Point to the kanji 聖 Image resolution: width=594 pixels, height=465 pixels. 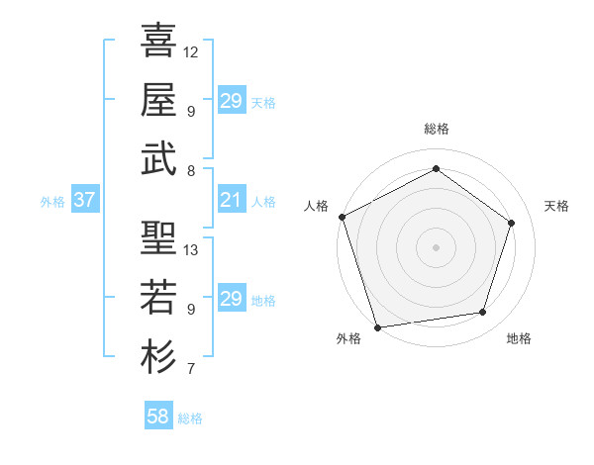[x=158, y=237]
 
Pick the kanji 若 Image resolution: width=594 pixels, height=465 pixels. [x=158, y=297]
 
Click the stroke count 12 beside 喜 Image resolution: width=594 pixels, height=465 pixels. [x=191, y=51]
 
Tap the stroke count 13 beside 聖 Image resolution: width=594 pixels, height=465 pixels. [x=191, y=249]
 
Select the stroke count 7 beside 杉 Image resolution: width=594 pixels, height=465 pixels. [x=190, y=370]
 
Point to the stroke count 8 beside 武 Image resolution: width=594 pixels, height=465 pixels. [x=190, y=170]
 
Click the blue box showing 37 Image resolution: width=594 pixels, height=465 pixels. [x=84, y=200]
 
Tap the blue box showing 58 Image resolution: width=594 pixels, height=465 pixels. [x=158, y=417]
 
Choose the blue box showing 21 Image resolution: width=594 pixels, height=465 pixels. [x=232, y=200]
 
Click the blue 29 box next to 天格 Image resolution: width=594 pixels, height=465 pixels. [x=232, y=100]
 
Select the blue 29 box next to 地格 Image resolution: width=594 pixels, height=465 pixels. [x=232, y=299]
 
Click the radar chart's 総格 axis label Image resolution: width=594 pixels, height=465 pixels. [x=436, y=129]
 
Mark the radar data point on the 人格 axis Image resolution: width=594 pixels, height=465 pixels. [x=342, y=217]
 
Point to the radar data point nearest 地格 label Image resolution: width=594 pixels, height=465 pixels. [x=483, y=313]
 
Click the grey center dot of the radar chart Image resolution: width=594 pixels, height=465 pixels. [x=436, y=247]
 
